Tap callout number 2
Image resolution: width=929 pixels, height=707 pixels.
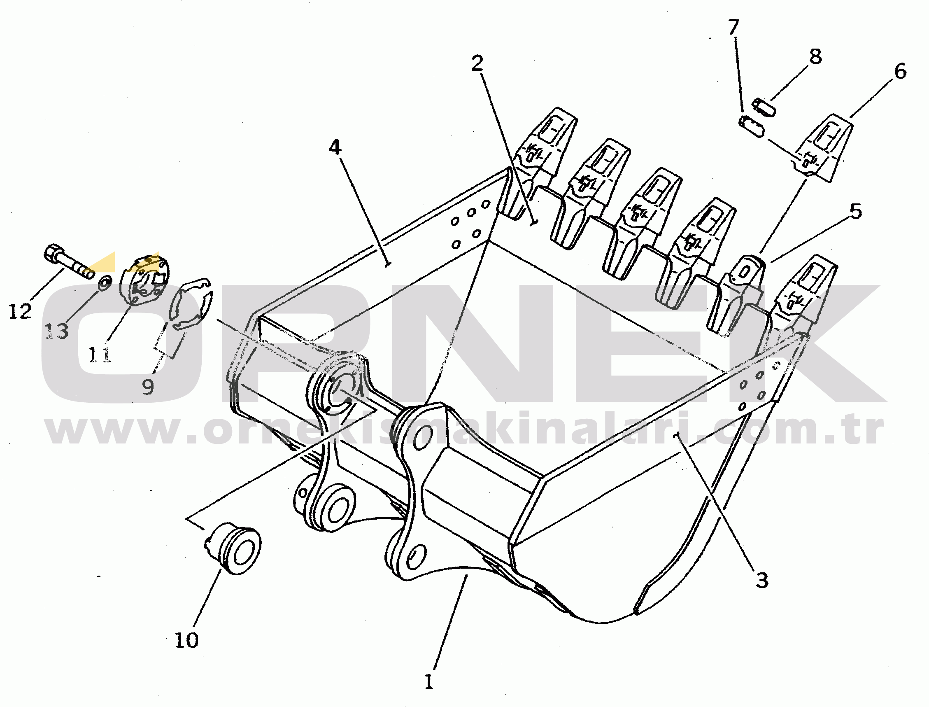477,63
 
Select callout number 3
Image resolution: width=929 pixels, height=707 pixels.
761,580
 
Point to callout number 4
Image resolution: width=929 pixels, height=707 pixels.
335,147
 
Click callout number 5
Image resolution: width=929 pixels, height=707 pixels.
855,211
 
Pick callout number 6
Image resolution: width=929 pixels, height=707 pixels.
900,72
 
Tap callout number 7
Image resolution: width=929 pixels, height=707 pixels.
733,27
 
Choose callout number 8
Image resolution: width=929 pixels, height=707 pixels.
815,56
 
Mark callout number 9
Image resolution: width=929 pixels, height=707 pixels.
148,386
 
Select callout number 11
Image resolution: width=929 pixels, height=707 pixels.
100,354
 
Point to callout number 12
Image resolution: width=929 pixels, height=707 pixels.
20,311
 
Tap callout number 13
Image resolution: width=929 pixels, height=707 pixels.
57,331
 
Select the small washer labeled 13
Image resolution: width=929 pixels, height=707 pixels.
104,283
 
